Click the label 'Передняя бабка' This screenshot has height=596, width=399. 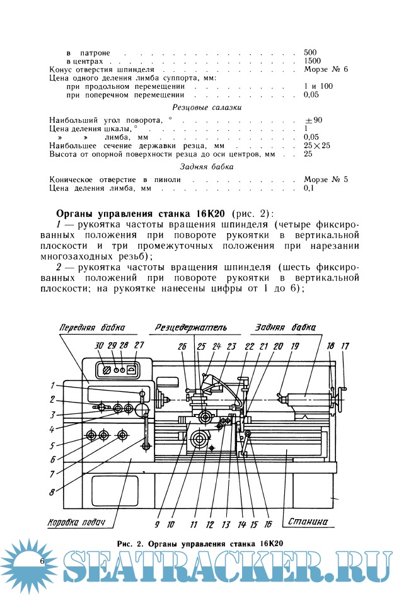click(92, 328)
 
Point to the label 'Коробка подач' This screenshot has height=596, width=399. click(76, 522)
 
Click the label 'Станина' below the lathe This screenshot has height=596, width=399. click(308, 522)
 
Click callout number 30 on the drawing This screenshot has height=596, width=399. click(99, 345)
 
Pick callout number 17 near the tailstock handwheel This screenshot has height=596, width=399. click(345, 345)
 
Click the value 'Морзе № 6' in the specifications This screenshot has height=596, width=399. click(326, 69)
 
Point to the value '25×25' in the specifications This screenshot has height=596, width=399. click(317, 145)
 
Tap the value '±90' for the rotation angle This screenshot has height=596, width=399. click(313, 120)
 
